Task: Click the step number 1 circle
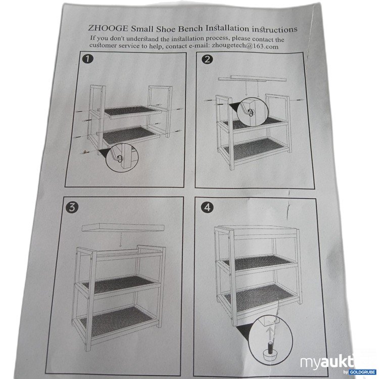[x=88, y=60]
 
